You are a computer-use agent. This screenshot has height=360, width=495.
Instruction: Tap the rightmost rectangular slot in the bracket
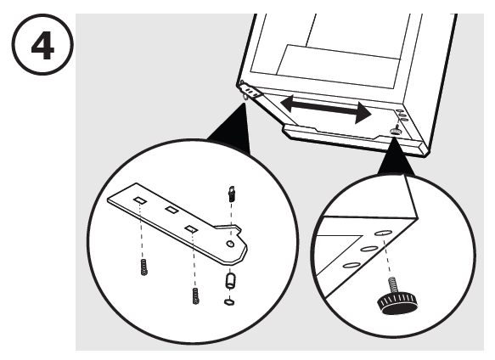[193, 228]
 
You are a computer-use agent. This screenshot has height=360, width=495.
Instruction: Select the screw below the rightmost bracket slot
[194, 297]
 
